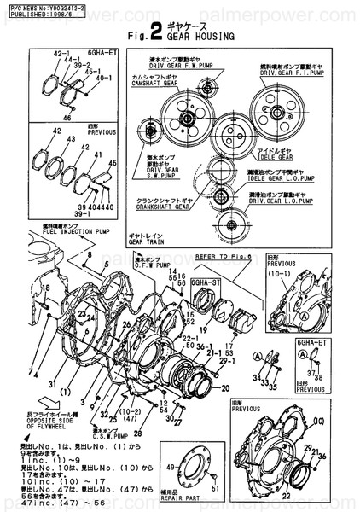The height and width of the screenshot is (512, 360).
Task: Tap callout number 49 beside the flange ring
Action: (170, 467)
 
